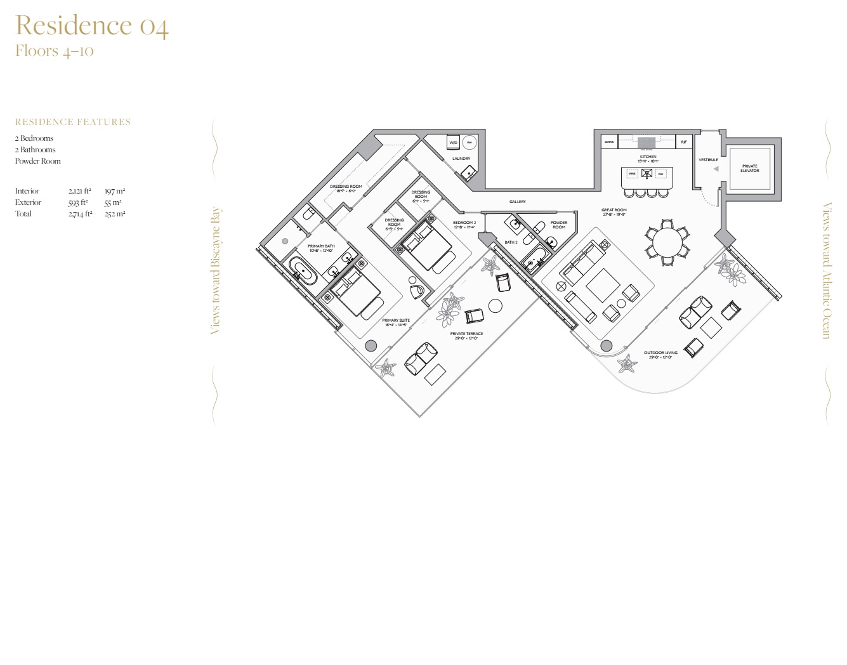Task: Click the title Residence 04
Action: pyautogui.click(x=92, y=26)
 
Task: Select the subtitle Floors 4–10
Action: pyautogui.click(x=55, y=51)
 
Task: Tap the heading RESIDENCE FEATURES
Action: pyautogui.click(x=73, y=122)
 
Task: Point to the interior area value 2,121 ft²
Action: pyautogui.click(x=79, y=191)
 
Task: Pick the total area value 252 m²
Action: pyautogui.click(x=115, y=214)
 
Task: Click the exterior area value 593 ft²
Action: pyautogui.click(x=78, y=202)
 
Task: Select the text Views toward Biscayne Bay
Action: pyautogui.click(x=216, y=270)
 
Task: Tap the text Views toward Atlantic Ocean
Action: pyautogui.click(x=826, y=270)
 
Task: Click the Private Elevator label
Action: pyautogui.click(x=749, y=168)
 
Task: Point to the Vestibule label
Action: pyautogui.click(x=708, y=160)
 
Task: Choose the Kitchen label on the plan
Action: pyautogui.click(x=648, y=157)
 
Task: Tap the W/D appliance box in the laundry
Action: pyautogui.click(x=453, y=143)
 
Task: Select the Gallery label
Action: pyautogui.click(x=517, y=202)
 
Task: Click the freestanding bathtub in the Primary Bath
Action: pyautogui.click(x=303, y=270)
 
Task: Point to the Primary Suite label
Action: pyautogui.click(x=396, y=321)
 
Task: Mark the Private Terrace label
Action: pyautogui.click(x=466, y=334)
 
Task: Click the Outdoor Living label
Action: pyautogui.click(x=660, y=353)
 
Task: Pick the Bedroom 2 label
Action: pyautogui.click(x=464, y=223)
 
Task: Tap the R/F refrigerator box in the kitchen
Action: pyautogui.click(x=683, y=142)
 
